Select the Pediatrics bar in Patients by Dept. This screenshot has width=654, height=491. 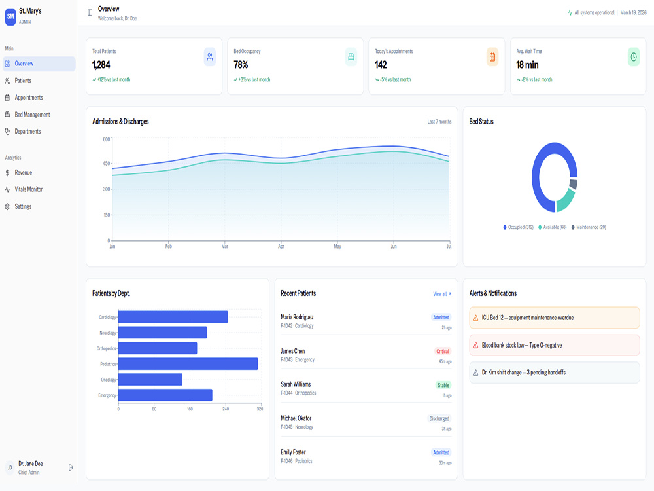coord(188,363)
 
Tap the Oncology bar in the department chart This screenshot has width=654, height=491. coord(150,380)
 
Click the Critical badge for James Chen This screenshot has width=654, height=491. coord(443,351)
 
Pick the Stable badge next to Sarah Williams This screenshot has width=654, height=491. coord(443,385)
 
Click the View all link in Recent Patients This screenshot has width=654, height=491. coord(441,294)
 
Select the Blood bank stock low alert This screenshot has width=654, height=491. coord(555,345)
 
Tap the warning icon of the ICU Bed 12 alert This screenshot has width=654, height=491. coord(475,318)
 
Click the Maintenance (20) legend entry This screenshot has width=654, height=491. coord(589,227)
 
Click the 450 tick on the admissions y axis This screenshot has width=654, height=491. coord(107,163)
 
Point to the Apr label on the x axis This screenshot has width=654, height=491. coord(281,246)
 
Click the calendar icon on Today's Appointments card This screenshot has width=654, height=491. coord(492,57)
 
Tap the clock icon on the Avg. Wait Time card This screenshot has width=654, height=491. coord(634,57)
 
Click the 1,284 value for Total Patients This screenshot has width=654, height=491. coord(101,65)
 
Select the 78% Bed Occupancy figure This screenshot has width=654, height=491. coord(241,65)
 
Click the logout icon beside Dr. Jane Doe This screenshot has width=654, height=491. coord(71,467)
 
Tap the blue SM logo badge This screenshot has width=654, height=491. coord(10,17)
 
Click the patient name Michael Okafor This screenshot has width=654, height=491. coord(296,418)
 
